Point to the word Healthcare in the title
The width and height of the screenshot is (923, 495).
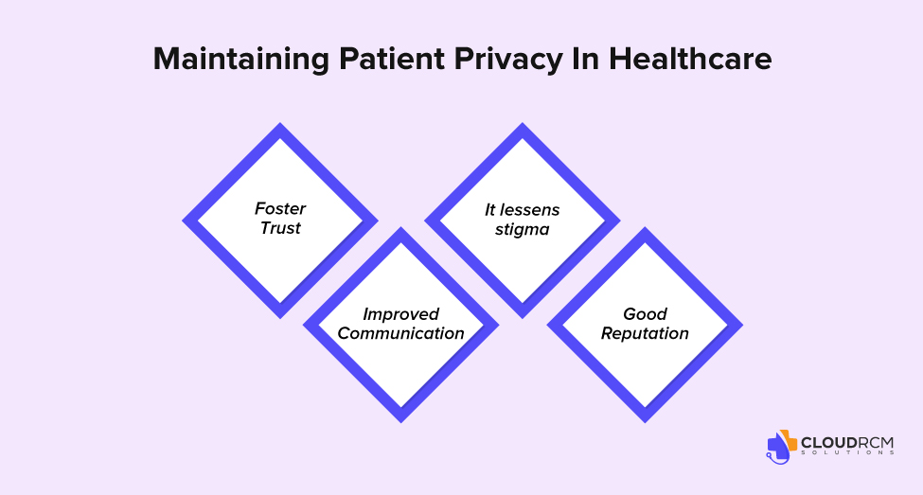690,59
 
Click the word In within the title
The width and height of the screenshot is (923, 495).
586,59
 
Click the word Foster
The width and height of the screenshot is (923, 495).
280,208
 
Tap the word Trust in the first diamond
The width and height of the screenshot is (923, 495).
280,228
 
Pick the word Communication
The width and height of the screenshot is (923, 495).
400,333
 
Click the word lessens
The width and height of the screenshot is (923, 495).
529,209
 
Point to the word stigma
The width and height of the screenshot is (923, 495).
523,230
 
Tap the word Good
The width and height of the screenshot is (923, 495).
646,313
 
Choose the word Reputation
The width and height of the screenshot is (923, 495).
645,334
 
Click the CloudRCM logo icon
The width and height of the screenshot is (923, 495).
781,447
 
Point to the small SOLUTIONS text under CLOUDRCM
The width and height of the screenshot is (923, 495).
847,452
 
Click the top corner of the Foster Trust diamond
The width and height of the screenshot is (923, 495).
280,123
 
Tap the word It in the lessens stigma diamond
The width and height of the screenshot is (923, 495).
489,209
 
